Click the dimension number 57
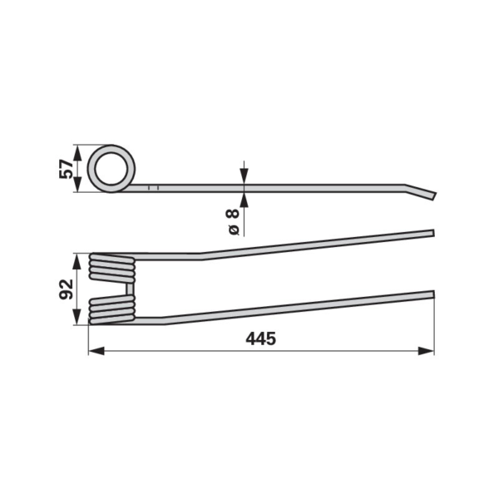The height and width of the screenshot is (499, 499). (66, 169)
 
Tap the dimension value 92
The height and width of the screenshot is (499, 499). (66, 289)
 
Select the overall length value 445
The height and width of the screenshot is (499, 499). (260, 339)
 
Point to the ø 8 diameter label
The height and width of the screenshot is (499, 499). (233, 222)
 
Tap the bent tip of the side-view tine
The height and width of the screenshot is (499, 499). (434, 195)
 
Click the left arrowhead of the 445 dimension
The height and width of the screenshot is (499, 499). (96, 351)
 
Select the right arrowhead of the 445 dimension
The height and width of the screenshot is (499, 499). (426, 351)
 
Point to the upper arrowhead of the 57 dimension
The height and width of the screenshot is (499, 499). (77, 153)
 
